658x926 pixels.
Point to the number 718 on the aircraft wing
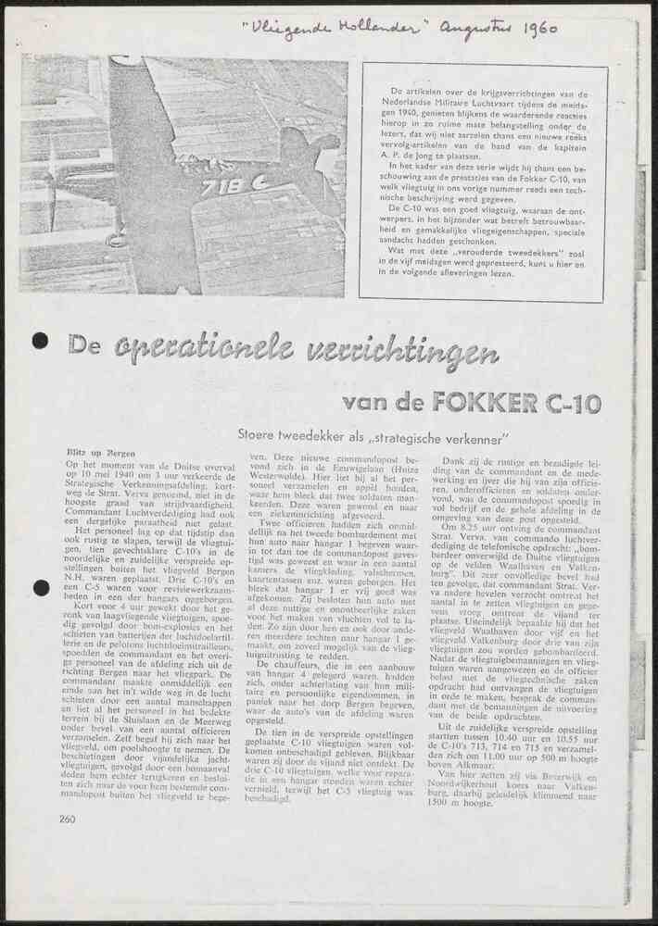click(x=222, y=184)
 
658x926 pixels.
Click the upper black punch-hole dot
click(x=40, y=341)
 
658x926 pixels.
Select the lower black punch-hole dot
click(x=40, y=587)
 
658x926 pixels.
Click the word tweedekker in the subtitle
click(x=320, y=432)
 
